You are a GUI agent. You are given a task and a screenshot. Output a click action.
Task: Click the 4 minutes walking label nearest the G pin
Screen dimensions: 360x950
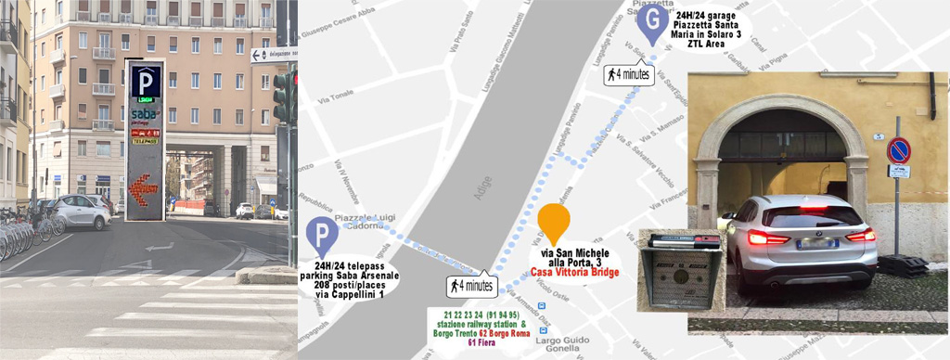coord(628,74)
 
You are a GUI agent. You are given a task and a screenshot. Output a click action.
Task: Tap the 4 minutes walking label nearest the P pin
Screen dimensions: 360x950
coord(471,285)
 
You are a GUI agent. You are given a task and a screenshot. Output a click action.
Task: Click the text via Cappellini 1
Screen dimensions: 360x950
coord(349,294)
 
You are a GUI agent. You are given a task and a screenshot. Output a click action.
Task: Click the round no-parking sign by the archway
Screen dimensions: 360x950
coord(897,150)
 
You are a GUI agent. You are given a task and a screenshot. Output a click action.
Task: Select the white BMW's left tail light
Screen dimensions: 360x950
coord(764,237)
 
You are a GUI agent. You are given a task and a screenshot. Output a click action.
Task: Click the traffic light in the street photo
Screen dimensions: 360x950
coord(280,96)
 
